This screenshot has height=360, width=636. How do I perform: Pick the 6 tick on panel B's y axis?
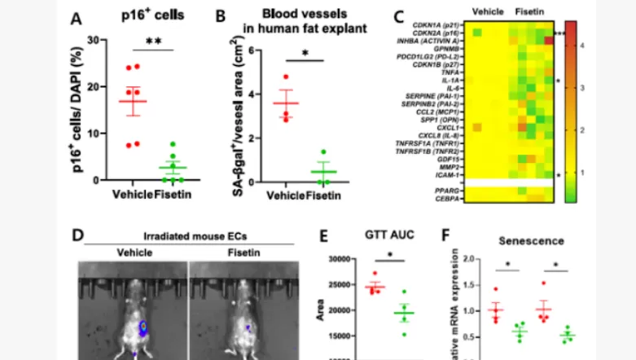[x=254, y=50]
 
